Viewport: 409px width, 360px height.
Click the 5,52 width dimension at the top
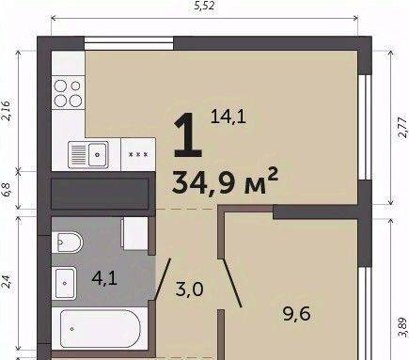(x=204, y=6)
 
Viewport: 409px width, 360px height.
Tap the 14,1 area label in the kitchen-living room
(x=228, y=117)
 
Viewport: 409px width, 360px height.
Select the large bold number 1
(x=188, y=135)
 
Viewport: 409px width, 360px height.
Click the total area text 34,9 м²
(x=225, y=181)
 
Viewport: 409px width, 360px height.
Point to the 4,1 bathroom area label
(x=104, y=277)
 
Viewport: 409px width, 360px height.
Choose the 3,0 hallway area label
(x=190, y=289)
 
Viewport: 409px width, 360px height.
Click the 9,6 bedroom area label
(x=296, y=314)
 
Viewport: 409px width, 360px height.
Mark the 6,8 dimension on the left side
(x=7, y=189)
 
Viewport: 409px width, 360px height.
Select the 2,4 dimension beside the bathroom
(x=7, y=281)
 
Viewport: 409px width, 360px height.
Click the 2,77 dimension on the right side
(x=402, y=127)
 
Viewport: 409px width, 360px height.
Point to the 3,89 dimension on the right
(x=402, y=327)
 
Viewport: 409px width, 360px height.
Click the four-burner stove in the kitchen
(x=68, y=93)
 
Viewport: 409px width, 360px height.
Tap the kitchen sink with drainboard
(x=88, y=155)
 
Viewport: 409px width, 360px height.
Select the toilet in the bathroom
(x=68, y=243)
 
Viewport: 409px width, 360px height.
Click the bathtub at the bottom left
(x=100, y=328)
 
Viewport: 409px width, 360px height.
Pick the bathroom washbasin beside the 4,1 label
(x=64, y=283)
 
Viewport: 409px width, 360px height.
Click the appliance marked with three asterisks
(x=138, y=154)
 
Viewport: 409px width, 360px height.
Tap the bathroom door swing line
(x=163, y=279)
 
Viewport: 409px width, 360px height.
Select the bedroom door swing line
(x=232, y=283)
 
